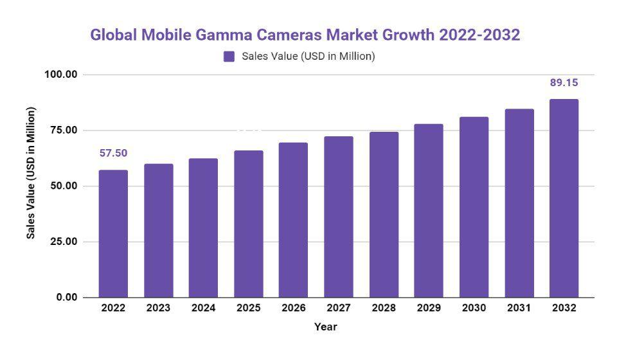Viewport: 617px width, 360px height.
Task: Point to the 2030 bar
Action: point(474,207)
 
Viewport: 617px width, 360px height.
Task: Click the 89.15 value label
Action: point(564,82)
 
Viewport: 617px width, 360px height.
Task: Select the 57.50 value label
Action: point(113,153)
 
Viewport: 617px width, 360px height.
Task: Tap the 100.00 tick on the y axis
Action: point(61,75)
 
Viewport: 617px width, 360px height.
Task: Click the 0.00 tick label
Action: point(66,298)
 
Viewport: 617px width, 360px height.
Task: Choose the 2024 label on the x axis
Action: point(203,308)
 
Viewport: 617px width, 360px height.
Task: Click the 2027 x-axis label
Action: point(339,308)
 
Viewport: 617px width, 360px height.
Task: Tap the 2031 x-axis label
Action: point(519,308)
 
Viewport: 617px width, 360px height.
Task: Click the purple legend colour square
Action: point(229,57)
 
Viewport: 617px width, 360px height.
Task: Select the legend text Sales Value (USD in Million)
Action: point(308,57)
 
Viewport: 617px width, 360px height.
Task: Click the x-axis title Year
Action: point(325,327)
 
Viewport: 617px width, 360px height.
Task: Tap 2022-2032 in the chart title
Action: point(479,35)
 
